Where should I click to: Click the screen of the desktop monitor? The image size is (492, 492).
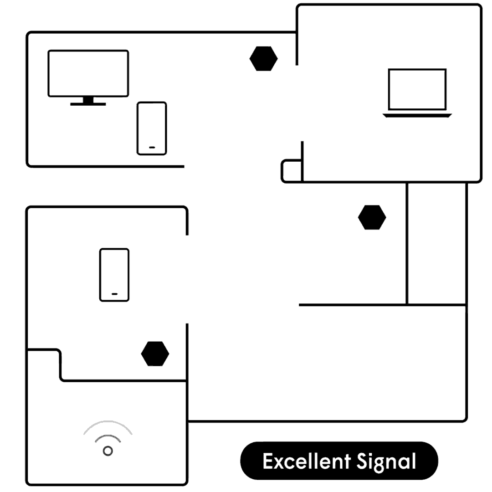pyautogui.click(x=88, y=73)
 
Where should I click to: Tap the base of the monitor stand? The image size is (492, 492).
pyautogui.click(x=88, y=104)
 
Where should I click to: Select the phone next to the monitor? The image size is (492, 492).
pyautogui.click(x=152, y=128)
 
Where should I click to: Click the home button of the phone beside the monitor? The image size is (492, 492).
pyautogui.click(x=152, y=148)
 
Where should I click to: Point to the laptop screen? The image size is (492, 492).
pyautogui.click(x=417, y=89)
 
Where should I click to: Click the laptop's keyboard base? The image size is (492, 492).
pyautogui.click(x=417, y=116)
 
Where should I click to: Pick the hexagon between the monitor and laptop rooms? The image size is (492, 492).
pyautogui.click(x=263, y=59)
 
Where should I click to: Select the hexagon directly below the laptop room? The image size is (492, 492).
pyautogui.click(x=372, y=217)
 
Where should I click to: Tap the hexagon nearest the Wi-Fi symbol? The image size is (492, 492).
pyautogui.click(x=155, y=354)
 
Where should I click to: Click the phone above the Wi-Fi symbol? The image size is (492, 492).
pyautogui.click(x=114, y=275)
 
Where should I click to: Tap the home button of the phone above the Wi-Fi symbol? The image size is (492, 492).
pyautogui.click(x=114, y=294)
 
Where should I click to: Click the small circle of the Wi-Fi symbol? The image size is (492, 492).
pyautogui.click(x=108, y=451)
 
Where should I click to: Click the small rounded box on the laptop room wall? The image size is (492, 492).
pyautogui.click(x=291, y=171)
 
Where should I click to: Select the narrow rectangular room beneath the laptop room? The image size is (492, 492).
pyautogui.click(x=436, y=243)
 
